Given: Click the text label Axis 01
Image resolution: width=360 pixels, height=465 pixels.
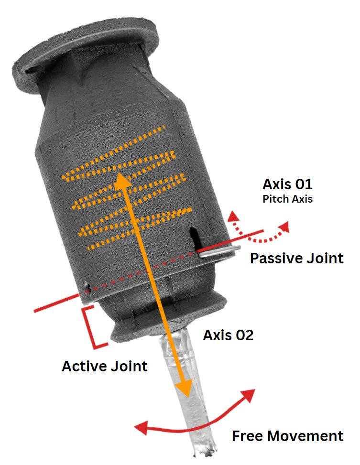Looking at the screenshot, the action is pyautogui.click(x=287, y=184).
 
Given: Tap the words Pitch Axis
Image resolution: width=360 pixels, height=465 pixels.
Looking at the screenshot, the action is pyautogui.click(x=287, y=199).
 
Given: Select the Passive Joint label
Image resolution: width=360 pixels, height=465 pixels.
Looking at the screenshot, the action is pyautogui.click(x=296, y=259).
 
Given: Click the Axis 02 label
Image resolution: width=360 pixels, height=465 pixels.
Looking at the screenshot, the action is pyautogui.click(x=228, y=335).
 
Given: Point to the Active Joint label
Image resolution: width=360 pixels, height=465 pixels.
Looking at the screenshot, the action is pyautogui.click(x=104, y=367).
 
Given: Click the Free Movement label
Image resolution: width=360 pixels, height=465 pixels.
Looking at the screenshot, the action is pyautogui.click(x=287, y=436).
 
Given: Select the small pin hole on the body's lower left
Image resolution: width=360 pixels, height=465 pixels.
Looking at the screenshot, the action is pyautogui.click(x=88, y=287).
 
